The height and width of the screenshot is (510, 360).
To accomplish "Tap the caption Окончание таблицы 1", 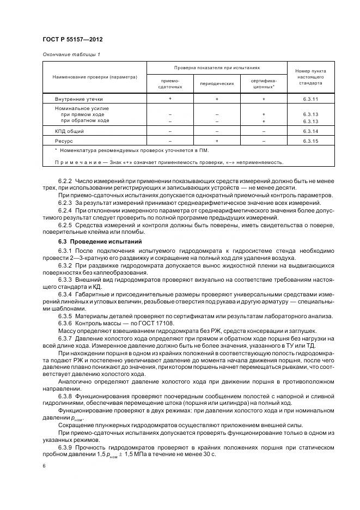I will click(x=71, y=54).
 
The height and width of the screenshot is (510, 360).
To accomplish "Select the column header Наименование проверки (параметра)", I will click(x=95, y=77).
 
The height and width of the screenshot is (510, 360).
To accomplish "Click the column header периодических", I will click(x=217, y=83).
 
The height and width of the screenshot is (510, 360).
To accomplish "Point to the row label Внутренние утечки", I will click(x=78, y=99).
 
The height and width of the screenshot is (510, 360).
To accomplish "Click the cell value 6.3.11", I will click(x=310, y=99).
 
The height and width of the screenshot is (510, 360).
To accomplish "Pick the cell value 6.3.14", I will click(x=310, y=131).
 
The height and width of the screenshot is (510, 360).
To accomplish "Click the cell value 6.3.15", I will click(x=310, y=141).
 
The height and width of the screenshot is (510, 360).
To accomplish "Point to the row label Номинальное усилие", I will click(x=82, y=108).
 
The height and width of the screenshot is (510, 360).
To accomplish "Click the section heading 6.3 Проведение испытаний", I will click(x=93, y=241).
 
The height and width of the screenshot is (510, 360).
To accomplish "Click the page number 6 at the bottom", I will click(x=44, y=466).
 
